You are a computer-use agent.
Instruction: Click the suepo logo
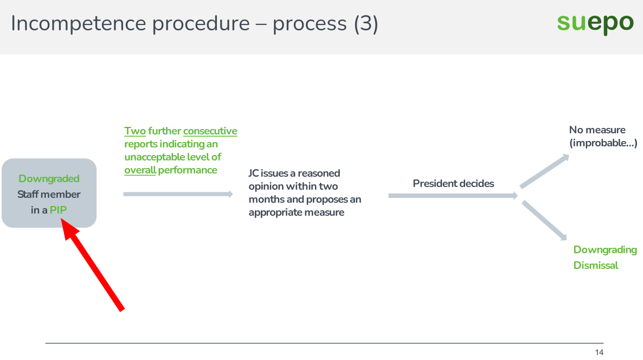[x=595, y=23]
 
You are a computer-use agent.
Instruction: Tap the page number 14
[x=599, y=353]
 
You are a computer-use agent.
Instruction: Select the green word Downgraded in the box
[x=49, y=178]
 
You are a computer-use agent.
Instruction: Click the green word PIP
[x=59, y=210]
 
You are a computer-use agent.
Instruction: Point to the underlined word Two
[x=135, y=131]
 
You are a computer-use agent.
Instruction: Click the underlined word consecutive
[x=210, y=131]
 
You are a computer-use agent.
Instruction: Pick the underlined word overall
[x=140, y=170]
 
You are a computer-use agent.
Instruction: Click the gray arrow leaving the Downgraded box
[x=178, y=194]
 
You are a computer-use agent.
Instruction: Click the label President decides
[x=453, y=183]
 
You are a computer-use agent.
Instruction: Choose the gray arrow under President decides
[x=453, y=195]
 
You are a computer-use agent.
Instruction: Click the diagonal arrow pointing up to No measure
[x=544, y=171]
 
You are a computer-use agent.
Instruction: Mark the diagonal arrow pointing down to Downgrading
[x=544, y=220]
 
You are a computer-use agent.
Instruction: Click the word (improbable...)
[x=603, y=144]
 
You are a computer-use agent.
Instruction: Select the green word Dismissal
[x=596, y=265]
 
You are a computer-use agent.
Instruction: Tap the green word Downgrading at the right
[x=605, y=250]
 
